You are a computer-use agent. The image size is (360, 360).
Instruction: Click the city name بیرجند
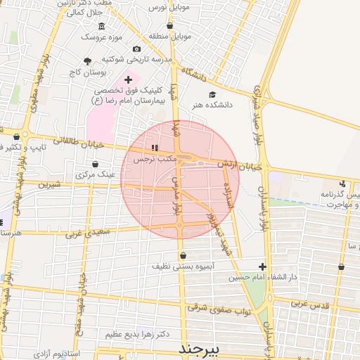(199, 349)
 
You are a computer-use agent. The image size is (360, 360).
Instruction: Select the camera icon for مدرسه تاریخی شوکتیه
(136, 49)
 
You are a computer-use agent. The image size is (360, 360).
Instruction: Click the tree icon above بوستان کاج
(88, 61)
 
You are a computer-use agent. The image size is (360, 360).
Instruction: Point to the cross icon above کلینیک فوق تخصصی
(127, 80)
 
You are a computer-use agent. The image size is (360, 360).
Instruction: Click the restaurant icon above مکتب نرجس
(154, 148)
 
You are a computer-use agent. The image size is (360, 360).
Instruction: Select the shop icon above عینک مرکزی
(95, 164)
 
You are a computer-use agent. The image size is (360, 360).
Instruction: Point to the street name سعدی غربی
(82, 233)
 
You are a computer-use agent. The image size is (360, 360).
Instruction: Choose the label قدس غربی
(310, 304)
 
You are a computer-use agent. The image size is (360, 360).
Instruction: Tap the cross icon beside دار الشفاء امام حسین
(262, 266)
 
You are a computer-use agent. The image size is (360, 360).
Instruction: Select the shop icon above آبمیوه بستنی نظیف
(184, 256)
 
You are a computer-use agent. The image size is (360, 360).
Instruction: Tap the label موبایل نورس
(169, 7)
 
